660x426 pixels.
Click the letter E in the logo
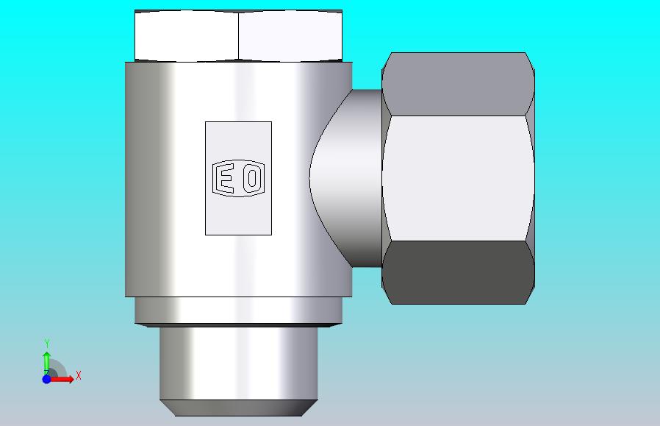click(x=225, y=178)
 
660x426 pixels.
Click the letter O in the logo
click(x=253, y=178)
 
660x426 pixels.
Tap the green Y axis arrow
click(x=47, y=363)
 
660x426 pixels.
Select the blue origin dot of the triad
click(x=47, y=379)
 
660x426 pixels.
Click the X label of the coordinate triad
click(x=79, y=375)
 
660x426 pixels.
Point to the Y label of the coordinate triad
click(x=47, y=343)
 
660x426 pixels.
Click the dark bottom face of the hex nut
click(x=458, y=272)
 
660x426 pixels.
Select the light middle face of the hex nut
click(x=458, y=178)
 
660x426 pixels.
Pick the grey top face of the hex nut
click(x=458, y=84)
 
